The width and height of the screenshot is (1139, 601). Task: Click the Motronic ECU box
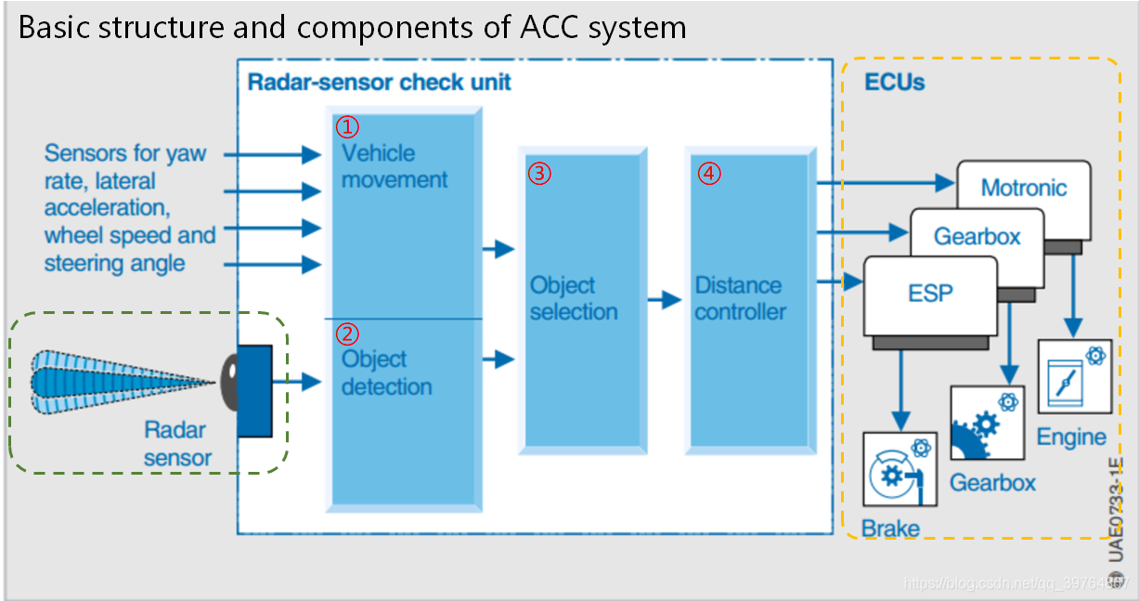click(x=1023, y=188)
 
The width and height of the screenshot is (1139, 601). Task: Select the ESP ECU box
click(x=929, y=294)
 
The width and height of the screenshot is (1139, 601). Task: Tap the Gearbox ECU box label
click(x=977, y=237)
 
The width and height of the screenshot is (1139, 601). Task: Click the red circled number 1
click(x=345, y=126)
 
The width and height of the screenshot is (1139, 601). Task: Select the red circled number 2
click(x=345, y=333)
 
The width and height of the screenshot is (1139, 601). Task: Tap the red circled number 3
click(x=539, y=173)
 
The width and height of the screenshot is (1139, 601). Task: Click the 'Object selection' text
click(x=573, y=298)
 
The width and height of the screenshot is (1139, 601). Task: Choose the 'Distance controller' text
click(x=740, y=298)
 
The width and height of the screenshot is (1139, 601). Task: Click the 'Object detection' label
click(x=386, y=372)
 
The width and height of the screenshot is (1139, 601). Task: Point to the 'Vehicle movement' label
click(x=394, y=166)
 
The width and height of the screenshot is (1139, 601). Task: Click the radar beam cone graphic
click(x=121, y=382)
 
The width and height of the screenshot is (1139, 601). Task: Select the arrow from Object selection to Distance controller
click(x=665, y=300)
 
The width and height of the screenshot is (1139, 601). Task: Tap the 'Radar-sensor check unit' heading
click(x=379, y=82)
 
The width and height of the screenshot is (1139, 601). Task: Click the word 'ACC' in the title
click(x=536, y=28)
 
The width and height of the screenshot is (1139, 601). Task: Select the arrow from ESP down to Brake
click(x=899, y=385)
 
